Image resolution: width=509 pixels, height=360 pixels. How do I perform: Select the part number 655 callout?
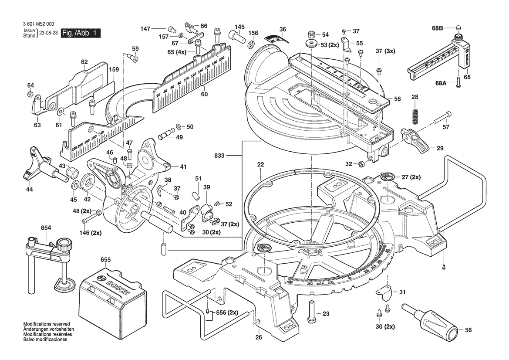coord(106,260)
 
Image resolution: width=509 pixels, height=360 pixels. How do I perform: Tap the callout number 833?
coord(220,155)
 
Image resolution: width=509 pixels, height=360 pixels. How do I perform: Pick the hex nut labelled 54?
coord(311,34)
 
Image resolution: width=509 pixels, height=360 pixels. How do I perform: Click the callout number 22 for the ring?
coord(260,165)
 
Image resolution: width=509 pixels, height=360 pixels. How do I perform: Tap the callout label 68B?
coord(437,28)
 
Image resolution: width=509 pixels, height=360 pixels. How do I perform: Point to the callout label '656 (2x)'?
coord(227,312)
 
